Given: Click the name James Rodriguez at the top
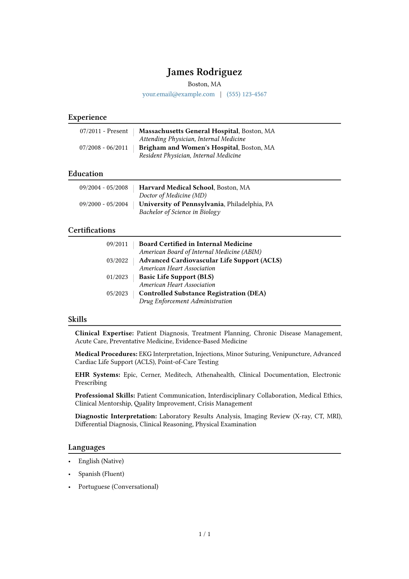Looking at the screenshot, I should coord(204,72).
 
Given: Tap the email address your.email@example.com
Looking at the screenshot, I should coord(178,94).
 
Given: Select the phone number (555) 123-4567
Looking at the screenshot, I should coord(246,94).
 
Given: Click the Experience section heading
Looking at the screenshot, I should coord(87,117).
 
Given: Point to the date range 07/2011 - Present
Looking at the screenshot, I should coord(104,131).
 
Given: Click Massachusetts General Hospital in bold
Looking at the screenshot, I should coord(188,131).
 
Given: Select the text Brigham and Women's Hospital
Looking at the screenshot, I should coord(188,148).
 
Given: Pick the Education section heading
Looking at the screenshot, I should coord(86,174).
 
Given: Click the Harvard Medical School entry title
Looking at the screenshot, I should coord(176,187).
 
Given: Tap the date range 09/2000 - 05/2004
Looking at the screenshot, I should coord(103,204).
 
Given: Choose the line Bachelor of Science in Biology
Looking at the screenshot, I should coord(179,212).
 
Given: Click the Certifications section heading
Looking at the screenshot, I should coord(92,230).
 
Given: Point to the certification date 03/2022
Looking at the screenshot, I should coord(117,260).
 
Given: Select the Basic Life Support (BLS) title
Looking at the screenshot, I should coord(176,277).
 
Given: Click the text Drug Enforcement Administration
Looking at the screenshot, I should coord(185,301).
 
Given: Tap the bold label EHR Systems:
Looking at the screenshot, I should coord(98,375).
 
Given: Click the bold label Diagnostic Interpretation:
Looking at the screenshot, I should coord(116,416).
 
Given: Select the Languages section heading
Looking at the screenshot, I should coord(87,447).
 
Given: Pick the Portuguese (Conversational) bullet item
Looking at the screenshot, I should coord(118,487).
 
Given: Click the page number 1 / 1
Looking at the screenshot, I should coord(204,534).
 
